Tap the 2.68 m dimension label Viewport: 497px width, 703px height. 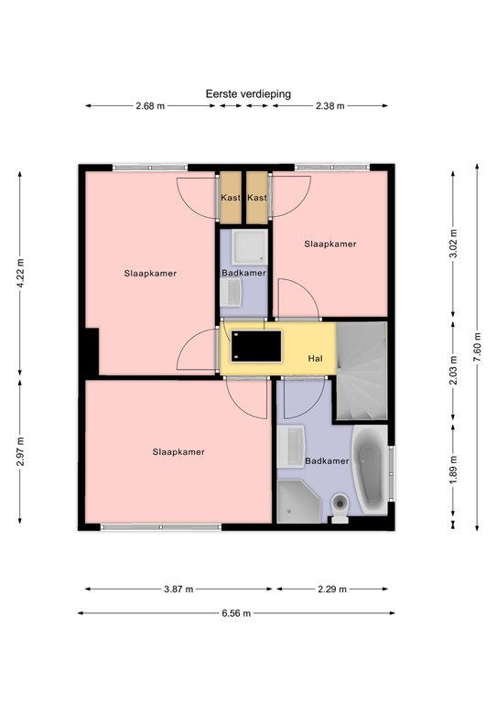click(150, 106)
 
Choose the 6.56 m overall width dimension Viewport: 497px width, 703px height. click(235, 613)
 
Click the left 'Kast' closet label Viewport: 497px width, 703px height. click(230, 198)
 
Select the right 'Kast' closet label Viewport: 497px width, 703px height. click(257, 198)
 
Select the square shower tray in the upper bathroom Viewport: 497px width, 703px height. click(244, 247)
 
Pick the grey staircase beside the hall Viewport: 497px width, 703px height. click(362, 371)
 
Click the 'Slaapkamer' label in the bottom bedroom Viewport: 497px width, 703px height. click(178, 451)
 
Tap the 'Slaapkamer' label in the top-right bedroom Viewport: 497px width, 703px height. click(330, 244)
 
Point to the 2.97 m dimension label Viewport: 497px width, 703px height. click(20, 452)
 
